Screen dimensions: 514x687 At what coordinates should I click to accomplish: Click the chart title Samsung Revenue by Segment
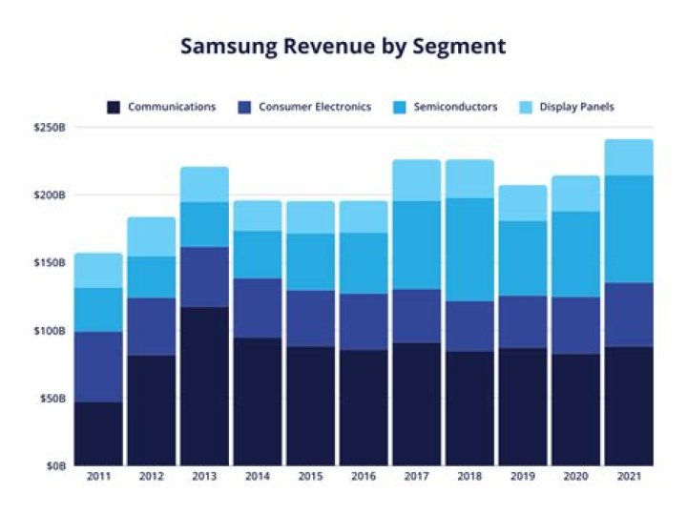click(343, 47)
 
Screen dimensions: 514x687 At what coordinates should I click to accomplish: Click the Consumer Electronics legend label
click(314, 108)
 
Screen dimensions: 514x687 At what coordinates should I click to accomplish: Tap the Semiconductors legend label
click(455, 108)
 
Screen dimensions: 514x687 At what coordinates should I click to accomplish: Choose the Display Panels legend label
click(576, 108)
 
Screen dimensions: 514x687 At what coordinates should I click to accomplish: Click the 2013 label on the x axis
click(204, 475)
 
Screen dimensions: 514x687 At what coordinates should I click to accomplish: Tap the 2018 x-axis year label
click(470, 475)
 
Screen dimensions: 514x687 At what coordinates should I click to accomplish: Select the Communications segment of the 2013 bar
click(204, 386)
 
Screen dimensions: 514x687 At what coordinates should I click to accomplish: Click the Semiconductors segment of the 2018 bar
click(470, 250)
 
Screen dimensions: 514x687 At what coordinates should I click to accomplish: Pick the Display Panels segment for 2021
click(629, 157)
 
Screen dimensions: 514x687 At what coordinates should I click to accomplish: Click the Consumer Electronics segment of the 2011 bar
click(98, 367)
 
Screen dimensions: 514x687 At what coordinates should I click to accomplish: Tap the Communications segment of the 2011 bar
click(98, 434)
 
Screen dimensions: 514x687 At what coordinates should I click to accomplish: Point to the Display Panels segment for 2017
click(417, 180)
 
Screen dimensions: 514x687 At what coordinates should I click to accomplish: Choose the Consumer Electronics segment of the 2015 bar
click(310, 319)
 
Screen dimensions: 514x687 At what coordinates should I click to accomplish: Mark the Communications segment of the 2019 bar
click(523, 407)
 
